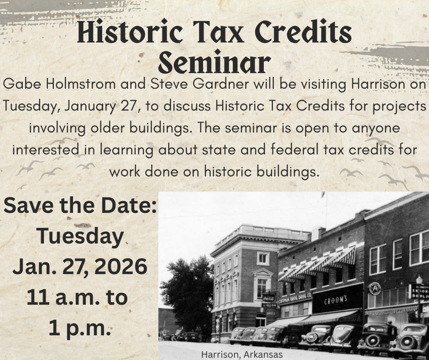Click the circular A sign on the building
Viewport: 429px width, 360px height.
click(375, 288)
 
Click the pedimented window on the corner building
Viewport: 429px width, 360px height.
click(262, 281)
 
